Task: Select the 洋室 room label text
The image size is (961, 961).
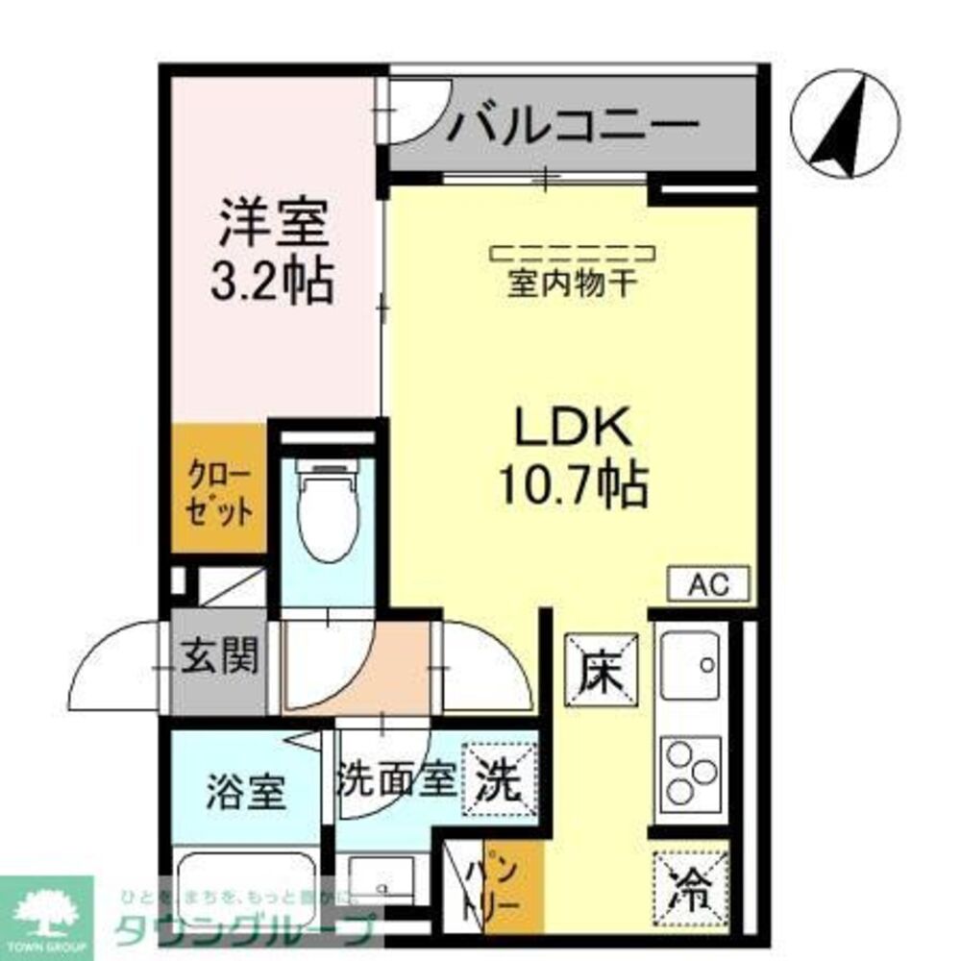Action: (274, 223)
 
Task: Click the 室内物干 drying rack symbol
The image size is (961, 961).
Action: (573, 254)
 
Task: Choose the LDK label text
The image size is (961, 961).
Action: (573, 429)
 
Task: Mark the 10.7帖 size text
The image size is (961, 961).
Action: (573, 484)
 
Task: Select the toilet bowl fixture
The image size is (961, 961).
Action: (328, 509)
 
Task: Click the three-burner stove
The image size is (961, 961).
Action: (691, 775)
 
